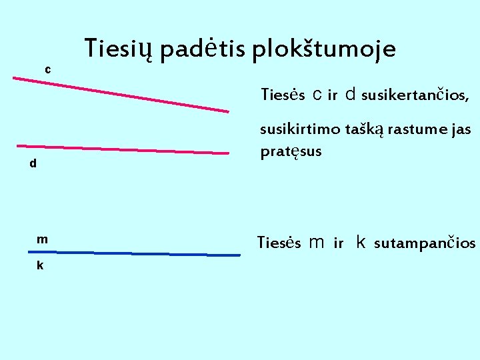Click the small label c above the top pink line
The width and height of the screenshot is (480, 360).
pyautogui.click(x=47, y=69)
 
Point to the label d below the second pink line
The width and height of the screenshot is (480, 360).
pyautogui.click(x=33, y=163)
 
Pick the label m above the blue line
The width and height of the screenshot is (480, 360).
pyautogui.click(x=42, y=239)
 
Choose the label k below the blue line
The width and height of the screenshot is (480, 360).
pyautogui.click(x=40, y=265)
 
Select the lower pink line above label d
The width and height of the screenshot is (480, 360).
pyautogui.click(x=123, y=149)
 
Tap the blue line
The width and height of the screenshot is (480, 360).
pyautogui.click(x=133, y=253)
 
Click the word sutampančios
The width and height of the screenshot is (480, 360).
pyautogui.click(x=425, y=243)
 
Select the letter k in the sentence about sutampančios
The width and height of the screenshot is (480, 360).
pyautogui.click(x=361, y=242)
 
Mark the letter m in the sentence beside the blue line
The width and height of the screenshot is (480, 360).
pyautogui.click(x=317, y=243)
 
